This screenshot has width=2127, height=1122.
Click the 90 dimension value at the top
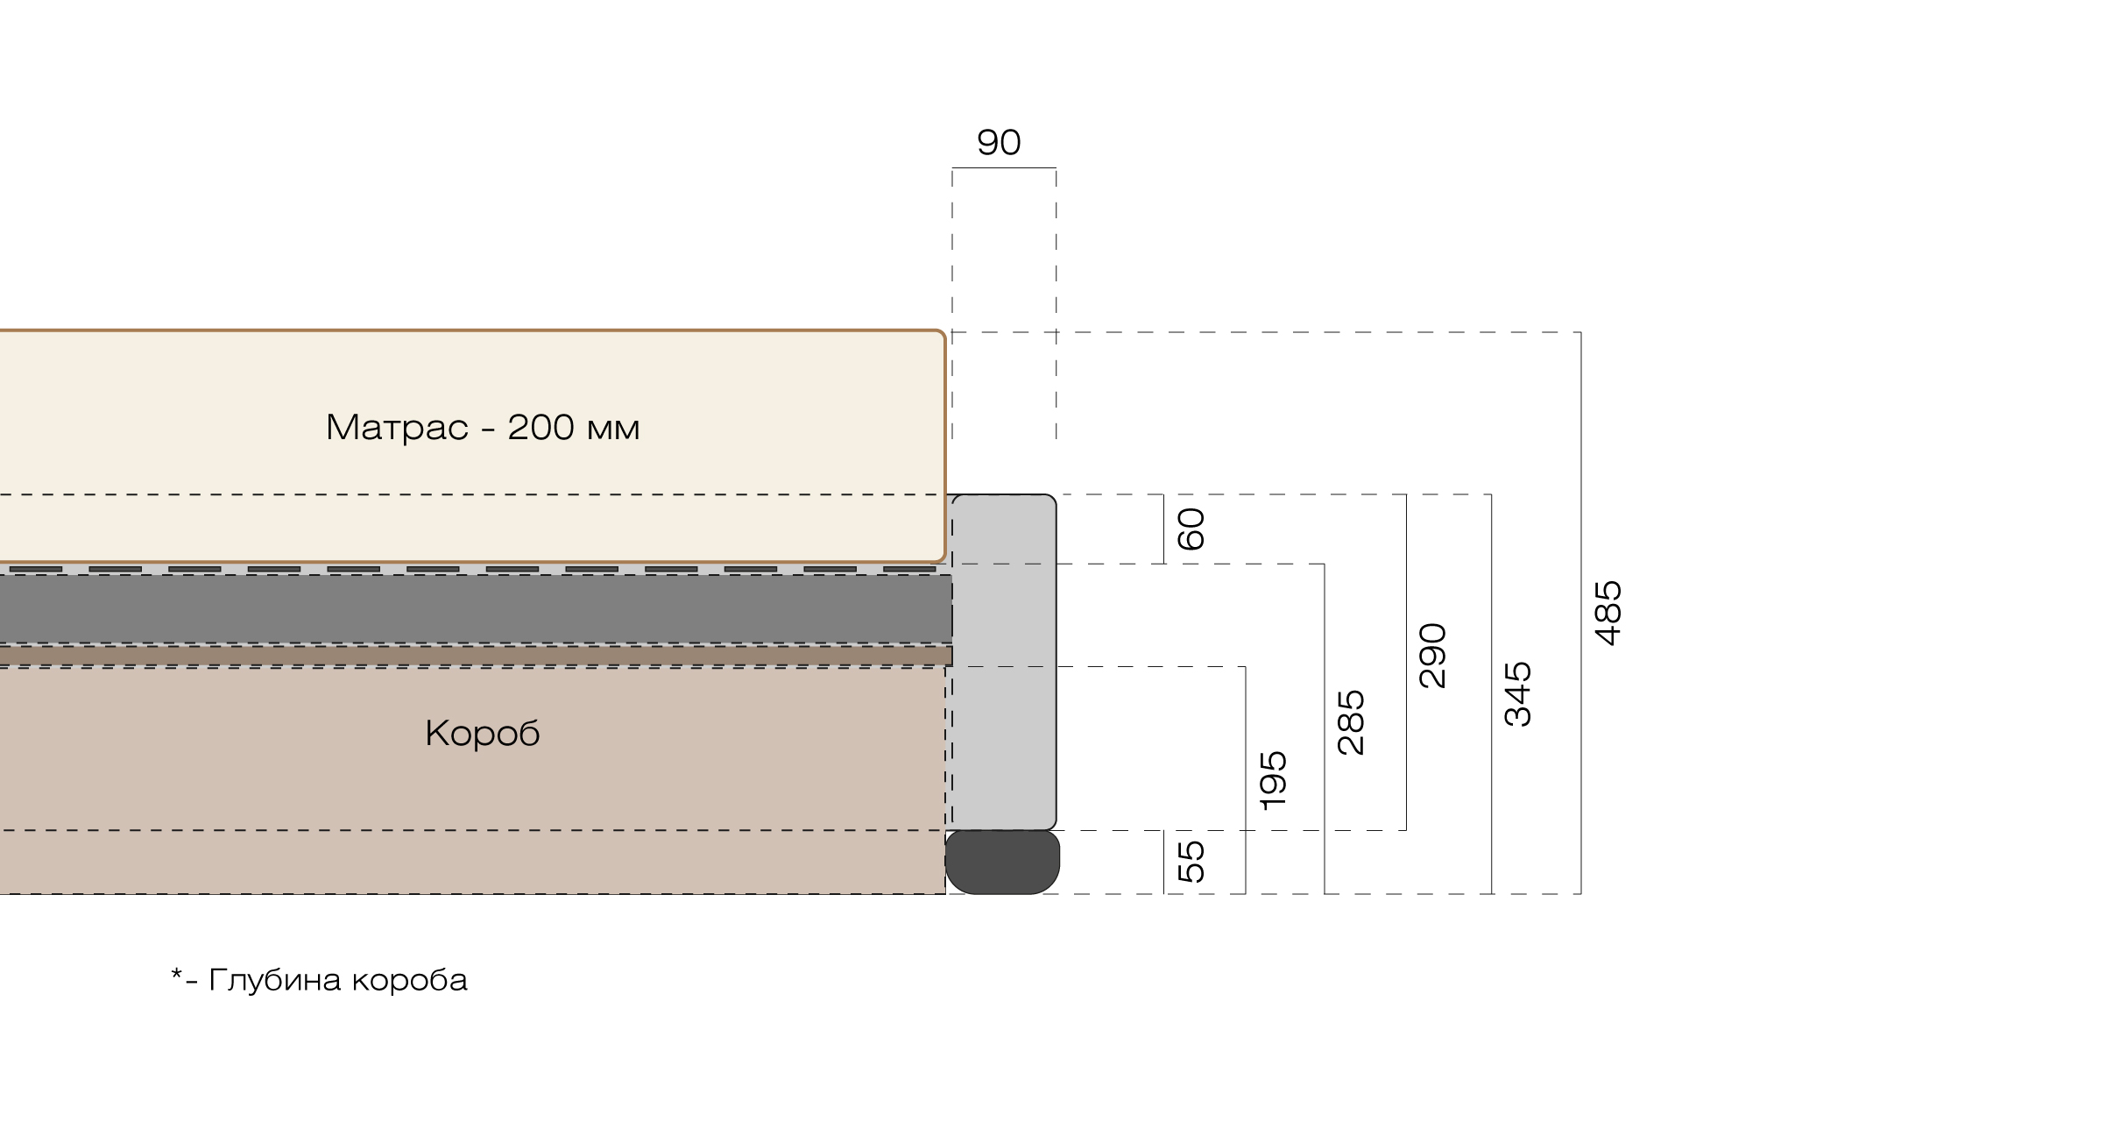(x=999, y=142)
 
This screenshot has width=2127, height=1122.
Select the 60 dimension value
(x=1191, y=529)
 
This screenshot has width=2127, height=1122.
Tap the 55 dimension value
(x=1191, y=862)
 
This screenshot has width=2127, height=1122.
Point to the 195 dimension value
(x=1273, y=780)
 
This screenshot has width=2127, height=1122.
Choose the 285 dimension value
(x=1351, y=723)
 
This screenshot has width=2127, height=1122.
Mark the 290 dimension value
(x=1432, y=656)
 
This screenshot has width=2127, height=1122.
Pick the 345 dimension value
(x=1517, y=694)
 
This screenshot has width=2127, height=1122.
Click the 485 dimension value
(x=1608, y=614)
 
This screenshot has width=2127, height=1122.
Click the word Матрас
(x=397, y=428)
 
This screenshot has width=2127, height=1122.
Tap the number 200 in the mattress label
(x=541, y=427)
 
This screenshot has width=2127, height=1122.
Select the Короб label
(x=483, y=733)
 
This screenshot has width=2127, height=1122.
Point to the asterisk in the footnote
(x=177, y=974)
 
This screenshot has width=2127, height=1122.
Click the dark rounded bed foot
(x=1002, y=863)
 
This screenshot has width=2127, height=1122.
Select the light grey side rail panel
(x=1004, y=662)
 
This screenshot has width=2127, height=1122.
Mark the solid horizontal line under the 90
(x=1004, y=167)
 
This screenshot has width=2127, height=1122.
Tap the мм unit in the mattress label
(x=613, y=430)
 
